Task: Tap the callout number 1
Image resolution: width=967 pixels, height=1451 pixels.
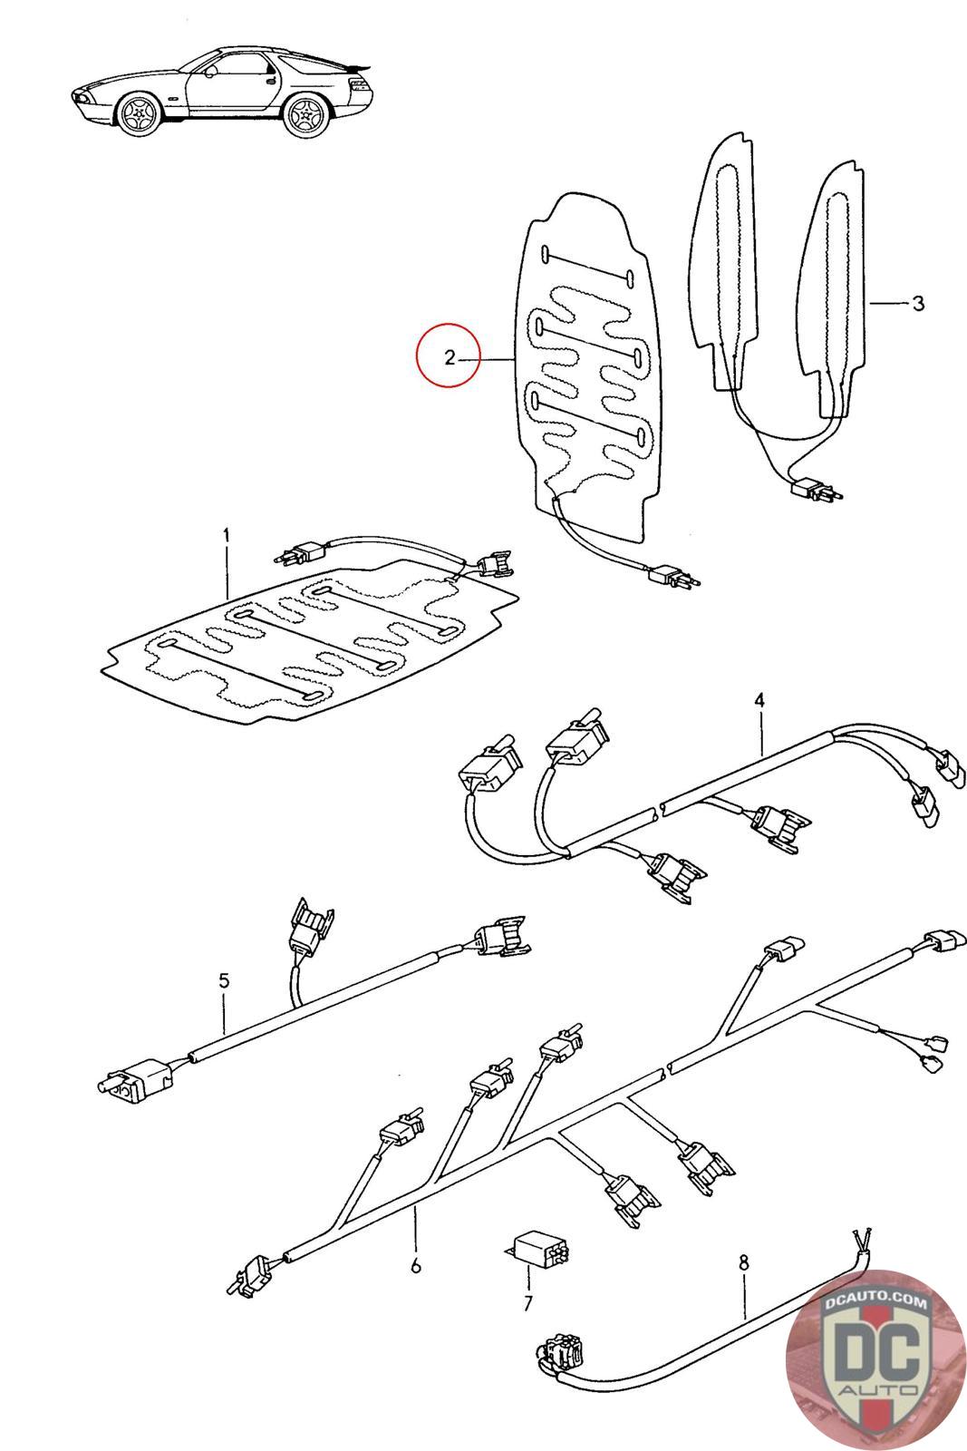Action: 226,535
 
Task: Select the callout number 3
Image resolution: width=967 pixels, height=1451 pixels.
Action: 918,303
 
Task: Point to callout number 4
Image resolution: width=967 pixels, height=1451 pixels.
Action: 759,700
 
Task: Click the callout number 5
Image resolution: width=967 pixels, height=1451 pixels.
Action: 224,980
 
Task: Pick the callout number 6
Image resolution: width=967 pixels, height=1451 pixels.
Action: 416,1265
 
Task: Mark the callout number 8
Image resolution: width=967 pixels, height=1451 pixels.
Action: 744,1261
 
